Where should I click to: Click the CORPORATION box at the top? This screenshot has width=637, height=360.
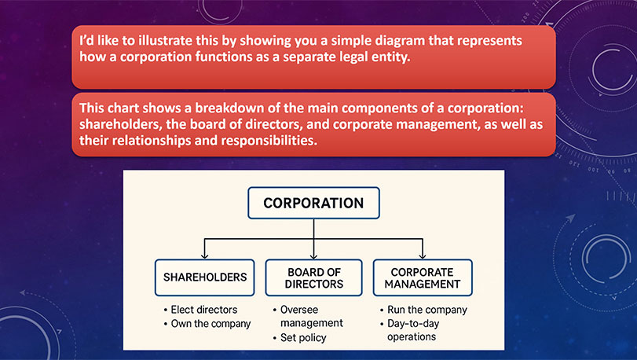click(x=313, y=203)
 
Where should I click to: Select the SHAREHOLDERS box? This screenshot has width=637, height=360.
click(x=205, y=277)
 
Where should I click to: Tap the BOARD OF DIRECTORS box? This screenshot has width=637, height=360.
click(x=313, y=277)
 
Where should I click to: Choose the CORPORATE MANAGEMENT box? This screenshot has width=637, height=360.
click(x=423, y=277)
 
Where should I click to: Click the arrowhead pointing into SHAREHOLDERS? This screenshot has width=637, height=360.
click(x=205, y=255)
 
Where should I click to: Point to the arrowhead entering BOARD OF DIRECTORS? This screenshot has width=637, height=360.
click(x=313, y=255)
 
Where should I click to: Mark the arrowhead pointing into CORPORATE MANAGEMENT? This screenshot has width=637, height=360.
click(x=423, y=255)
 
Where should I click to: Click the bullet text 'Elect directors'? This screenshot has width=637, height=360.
click(x=204, y=310)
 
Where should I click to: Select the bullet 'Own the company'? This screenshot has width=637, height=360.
click(x=211, y=324)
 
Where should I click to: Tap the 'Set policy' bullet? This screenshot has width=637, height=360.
click(x=303, y=338)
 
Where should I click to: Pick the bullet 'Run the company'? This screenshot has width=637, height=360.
click(x=427, y=310)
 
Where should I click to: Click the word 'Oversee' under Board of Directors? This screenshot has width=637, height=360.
click(x=299, y=310)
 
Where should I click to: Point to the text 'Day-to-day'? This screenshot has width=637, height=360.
click(x=413, y=324)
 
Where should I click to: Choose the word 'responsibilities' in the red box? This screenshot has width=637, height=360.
click(x=269, y=141)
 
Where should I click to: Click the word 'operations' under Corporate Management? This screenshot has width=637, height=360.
click(x=412, y=337)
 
